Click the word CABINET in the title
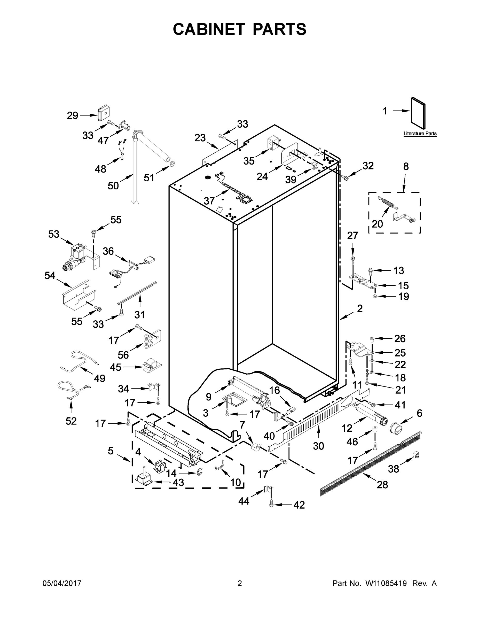209,29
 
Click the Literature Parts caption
420,134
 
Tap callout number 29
72,115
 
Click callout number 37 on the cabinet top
209,201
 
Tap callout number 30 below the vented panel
318,446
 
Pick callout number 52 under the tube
71,421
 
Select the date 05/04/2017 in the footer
62,583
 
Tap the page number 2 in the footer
240,583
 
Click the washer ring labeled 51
172,164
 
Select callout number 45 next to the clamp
115,367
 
